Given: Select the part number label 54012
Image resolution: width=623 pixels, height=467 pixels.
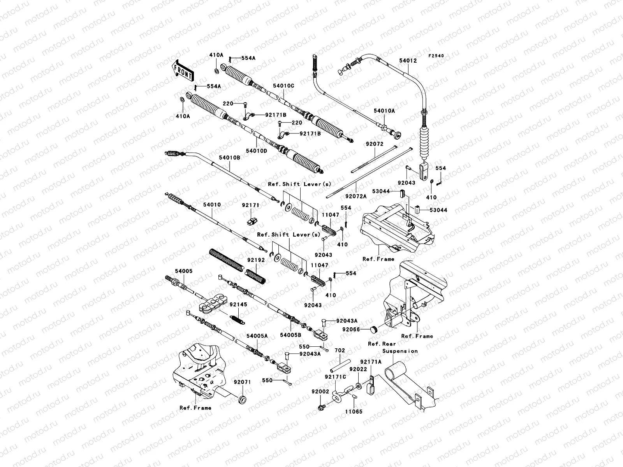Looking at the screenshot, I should point(408,61).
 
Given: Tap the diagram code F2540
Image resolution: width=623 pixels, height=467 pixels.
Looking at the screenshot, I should point(436,56).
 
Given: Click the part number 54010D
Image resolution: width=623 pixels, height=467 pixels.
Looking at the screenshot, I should point(257,150).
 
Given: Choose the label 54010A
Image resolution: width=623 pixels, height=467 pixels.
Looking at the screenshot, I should point(384,111).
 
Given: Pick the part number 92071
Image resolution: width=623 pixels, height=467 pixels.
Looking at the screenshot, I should point(242,382).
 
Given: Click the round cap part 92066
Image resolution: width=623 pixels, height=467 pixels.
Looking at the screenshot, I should point(374,330).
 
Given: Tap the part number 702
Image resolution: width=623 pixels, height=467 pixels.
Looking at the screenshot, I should point(340,351).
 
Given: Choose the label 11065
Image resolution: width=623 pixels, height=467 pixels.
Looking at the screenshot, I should point(353,411).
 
